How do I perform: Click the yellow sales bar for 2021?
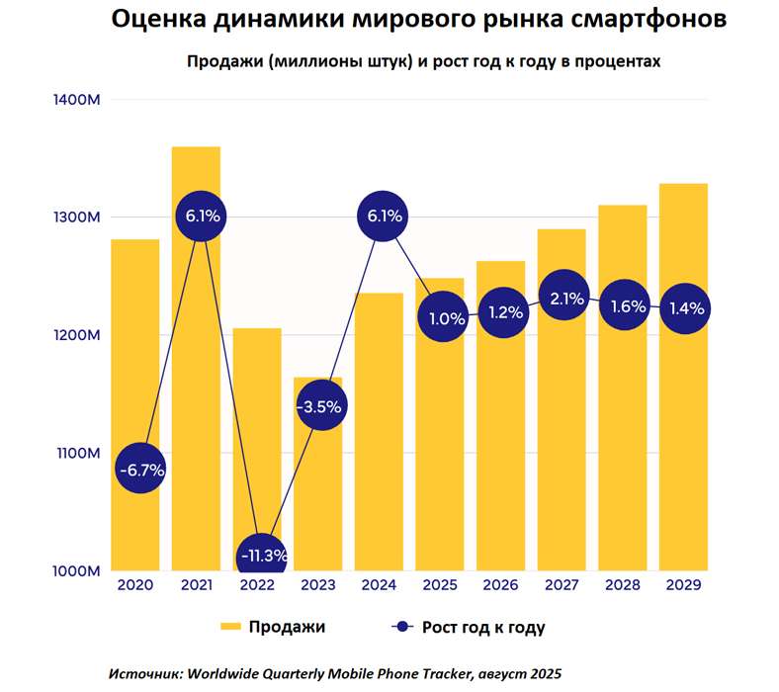196,395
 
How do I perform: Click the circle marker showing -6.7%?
141,470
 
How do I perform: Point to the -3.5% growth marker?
322,405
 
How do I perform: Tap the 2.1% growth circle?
563,299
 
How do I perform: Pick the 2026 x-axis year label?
502,585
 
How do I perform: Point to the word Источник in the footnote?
145,672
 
